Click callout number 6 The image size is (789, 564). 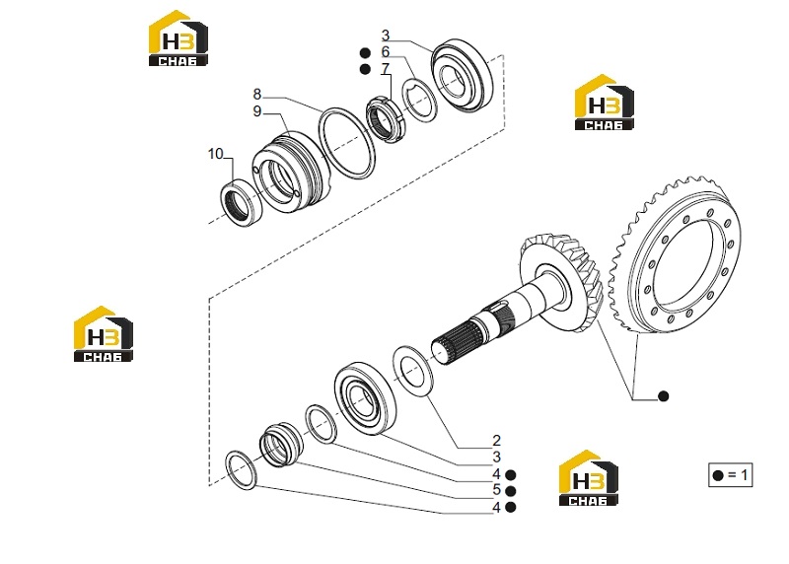tap(385, 52)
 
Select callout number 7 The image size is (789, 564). tap(386, 68)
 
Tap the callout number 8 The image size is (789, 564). tap(257, 94)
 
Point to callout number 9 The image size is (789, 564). tap(257, 111)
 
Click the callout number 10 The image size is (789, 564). tap(215, 154)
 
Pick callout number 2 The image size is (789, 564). tap(497, 440)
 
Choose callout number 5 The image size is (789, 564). tap(497, 489)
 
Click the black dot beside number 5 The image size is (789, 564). tap(510, 491)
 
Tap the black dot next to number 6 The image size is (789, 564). tap(365, 53)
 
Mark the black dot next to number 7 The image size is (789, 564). tap(365, 69)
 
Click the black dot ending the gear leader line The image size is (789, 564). tap(664, 396)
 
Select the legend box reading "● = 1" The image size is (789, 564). tap(731, 475)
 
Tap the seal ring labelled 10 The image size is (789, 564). tap(242, 202)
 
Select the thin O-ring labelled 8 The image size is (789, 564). tap(347, 142)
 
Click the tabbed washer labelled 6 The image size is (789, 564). tap(421, 101)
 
